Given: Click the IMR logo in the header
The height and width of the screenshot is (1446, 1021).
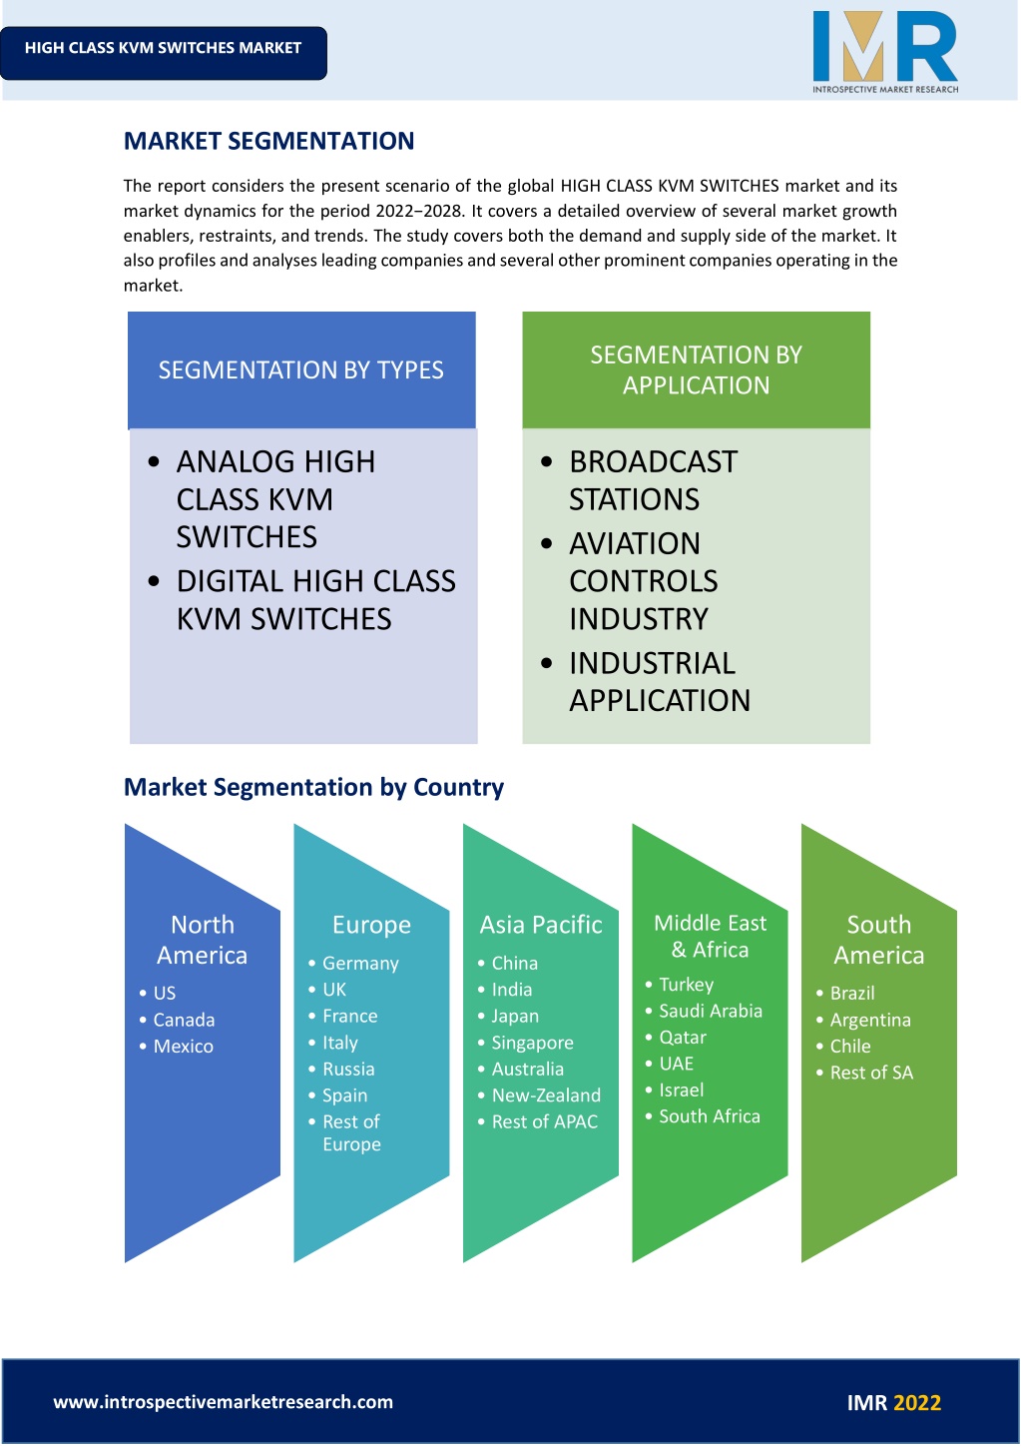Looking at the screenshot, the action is (x=885, y=53).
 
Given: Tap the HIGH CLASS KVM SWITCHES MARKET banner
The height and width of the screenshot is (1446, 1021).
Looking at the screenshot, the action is (x=163, y=53).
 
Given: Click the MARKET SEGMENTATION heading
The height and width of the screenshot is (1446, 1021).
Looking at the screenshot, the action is (x=268, y=141).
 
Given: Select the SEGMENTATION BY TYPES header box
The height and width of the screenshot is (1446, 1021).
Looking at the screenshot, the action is (x=301, y=369).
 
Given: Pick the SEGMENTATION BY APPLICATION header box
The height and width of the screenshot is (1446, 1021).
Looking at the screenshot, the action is (x=696, y=369).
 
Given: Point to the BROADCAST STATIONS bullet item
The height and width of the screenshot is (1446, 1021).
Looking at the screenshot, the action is (x=653, y=480).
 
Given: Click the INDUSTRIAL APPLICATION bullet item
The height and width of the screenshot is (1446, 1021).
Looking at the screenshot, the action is (x=659, y=682).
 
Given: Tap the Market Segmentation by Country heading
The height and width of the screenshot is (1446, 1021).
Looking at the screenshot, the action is (x=313, y=787).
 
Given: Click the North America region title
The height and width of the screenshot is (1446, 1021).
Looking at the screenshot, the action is (x=202, y=940).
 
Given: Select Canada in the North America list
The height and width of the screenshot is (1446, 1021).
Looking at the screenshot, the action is (x=184, y=1020).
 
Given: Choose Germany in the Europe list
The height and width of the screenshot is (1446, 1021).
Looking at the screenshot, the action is (x=360, y=963).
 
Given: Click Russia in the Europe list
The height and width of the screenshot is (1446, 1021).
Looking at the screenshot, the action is (x=348, y=1069).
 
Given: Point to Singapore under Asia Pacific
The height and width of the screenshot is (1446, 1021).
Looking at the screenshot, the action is (x=532, y=1043).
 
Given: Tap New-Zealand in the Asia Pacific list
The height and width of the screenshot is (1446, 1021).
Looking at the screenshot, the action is (x=546, y=1095).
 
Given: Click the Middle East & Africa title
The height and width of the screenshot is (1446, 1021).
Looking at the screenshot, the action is (x=711, y=936).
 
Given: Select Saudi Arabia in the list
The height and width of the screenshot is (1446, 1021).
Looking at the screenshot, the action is (x=711, y=1011).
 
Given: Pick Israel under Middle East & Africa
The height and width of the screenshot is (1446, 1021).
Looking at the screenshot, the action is (x=681, y=1090).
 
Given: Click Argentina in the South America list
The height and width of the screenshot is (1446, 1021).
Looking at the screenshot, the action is (x=870, y=1020).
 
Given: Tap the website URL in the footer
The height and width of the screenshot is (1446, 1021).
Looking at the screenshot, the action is (x=224, y=1402).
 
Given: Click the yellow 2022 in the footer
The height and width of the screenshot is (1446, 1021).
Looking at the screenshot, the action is (x=917, y=1403).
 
